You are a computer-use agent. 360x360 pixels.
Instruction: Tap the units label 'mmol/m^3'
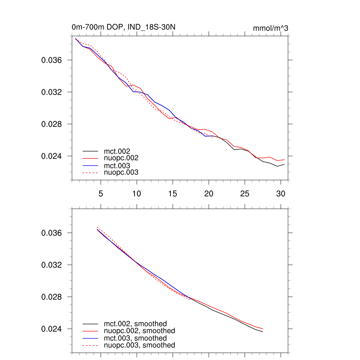pos(270,28)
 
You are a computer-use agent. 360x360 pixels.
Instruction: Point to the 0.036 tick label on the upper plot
pos(52,60)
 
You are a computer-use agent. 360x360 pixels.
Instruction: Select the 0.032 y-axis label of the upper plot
pos(52,92)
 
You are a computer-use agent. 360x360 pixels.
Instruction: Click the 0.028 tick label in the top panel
pos(52,124)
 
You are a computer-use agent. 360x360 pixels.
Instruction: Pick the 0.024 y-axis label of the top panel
pos(52,156)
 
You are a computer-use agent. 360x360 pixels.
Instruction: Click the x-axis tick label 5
pos(101,194)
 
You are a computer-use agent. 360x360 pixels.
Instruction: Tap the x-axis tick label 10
pos(137,194)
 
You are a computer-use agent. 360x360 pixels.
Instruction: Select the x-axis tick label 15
pos(173,194)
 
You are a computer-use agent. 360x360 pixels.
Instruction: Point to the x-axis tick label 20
pos(209,194)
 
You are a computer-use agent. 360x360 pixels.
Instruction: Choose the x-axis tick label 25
pos(245,194)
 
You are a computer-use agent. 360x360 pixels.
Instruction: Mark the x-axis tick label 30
pos(281,194)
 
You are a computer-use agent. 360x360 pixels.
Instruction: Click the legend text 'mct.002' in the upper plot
pos(115,151)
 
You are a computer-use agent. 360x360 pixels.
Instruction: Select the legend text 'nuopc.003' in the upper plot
pos(121,173)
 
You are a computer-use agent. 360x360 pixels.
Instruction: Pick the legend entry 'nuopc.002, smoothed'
pos(139,331)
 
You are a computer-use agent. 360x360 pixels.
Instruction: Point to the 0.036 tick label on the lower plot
pos(52,233)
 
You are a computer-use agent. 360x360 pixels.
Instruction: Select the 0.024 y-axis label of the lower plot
pos(52,329)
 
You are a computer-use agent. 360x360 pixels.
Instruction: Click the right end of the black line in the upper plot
pos(284,164)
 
